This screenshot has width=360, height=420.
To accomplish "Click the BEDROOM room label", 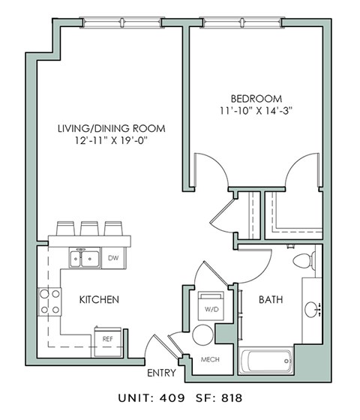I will pos(256,98).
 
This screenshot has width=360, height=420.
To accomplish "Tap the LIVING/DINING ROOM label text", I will pos(111,128).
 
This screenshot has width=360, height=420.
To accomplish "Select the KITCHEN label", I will pos(99,300).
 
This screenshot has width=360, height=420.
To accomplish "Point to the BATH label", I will pos(271,300).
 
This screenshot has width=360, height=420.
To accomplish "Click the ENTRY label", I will pos(162,373).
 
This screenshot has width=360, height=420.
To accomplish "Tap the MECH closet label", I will pos(210,359).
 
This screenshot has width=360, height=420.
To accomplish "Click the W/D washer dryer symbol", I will pos(209,306).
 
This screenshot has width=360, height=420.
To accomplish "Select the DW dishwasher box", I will pos(113,259).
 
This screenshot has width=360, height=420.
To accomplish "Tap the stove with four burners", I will pos(50,300).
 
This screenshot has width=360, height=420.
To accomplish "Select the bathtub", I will pos(268,361).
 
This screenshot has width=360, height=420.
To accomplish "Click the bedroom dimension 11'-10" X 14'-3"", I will pos(256,111).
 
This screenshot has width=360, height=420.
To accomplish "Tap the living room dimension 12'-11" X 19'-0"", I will pos(111,141).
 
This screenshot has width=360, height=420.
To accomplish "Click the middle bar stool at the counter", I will pos(90,227).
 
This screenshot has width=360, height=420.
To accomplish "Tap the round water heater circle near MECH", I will pos(202,334).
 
